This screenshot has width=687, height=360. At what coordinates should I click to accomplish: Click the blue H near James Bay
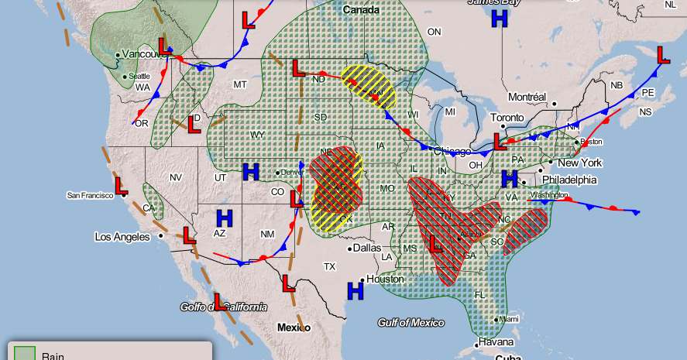point(500,19)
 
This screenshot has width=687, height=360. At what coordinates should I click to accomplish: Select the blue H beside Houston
point(356,290)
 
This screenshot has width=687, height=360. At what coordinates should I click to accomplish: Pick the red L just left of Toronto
point(500,142)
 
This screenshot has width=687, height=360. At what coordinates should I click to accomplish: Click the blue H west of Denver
point(250,172)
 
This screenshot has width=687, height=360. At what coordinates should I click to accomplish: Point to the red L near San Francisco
point(122,186)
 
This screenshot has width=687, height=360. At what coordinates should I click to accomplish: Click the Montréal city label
point(527,97)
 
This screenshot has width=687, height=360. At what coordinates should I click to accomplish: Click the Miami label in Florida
point(508,319)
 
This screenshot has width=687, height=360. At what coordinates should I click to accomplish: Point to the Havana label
point(495,342)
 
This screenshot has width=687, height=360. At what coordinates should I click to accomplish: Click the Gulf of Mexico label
point(410,322)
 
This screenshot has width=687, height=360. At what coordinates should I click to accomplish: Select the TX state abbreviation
point(329,266)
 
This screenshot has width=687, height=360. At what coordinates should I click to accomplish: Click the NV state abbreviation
point(175,177)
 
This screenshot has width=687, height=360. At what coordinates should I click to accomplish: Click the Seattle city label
point(139,76)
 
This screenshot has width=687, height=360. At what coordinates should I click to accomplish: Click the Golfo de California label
point(223,307)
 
